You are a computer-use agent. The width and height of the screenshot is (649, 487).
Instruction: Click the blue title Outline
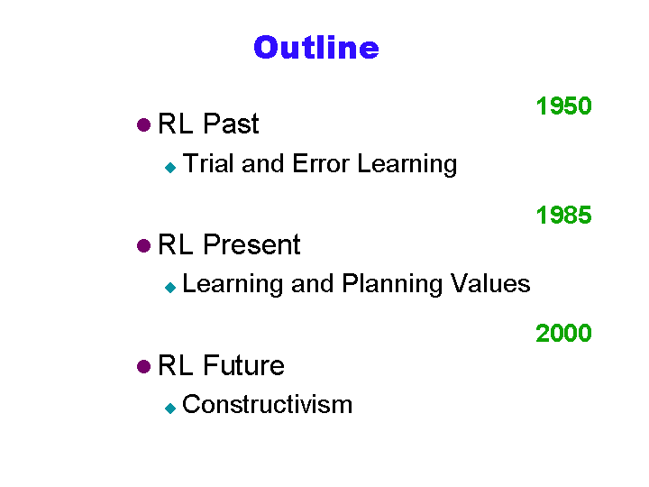(316, 47)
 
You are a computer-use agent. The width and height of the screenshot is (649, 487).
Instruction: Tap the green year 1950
(563, 106)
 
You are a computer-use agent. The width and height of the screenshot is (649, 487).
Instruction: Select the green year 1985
(563, 216)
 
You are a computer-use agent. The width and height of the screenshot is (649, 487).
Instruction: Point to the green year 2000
(563, 333)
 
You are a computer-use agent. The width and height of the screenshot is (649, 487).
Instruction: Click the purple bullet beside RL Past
(143, 124)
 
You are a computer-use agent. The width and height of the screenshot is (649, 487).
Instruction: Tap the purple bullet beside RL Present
(143, 245)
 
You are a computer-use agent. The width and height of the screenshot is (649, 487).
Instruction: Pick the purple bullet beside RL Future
(143, 366)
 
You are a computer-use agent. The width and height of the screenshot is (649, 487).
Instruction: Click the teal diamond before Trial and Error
(170, 168)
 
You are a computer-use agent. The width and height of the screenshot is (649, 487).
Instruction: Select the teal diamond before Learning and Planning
(170, 287)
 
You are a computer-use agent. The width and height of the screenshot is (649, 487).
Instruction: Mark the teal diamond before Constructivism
(170, 409)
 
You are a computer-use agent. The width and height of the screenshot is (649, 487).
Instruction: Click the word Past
(231, 124)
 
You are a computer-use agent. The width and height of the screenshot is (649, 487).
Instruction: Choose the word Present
(251, 244)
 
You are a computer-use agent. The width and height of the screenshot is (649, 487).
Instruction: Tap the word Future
(243, 365)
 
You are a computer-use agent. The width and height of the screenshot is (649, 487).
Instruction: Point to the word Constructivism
(268, 404)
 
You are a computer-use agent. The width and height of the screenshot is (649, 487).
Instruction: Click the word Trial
(208, 163)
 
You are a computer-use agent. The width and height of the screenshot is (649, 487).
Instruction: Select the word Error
(321, 163)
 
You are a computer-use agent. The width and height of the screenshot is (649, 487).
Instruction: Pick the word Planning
(392, 285)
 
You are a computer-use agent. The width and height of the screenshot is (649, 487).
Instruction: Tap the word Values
(490, 284)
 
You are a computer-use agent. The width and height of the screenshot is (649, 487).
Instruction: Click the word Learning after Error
(407, 164)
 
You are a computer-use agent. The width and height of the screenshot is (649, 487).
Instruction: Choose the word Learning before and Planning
(233, 285)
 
